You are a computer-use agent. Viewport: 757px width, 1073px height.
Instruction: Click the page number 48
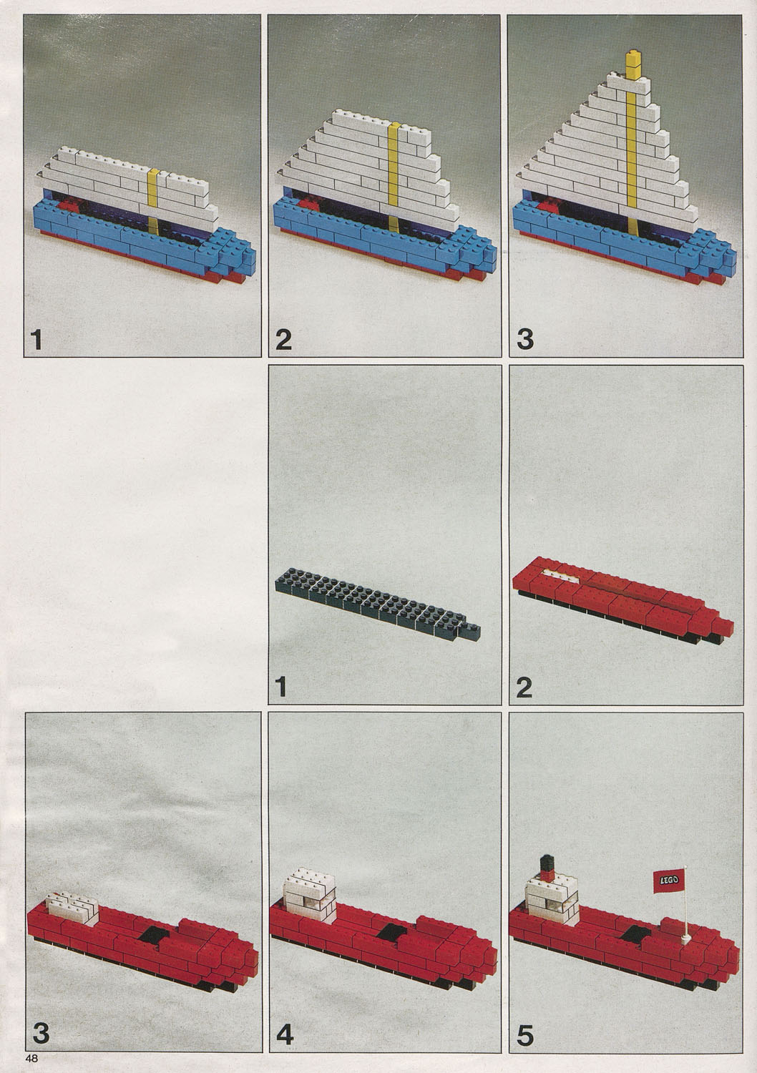32,1058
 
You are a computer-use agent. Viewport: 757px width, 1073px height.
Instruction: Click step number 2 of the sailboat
283,340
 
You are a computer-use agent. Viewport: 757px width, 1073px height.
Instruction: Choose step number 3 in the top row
525,340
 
